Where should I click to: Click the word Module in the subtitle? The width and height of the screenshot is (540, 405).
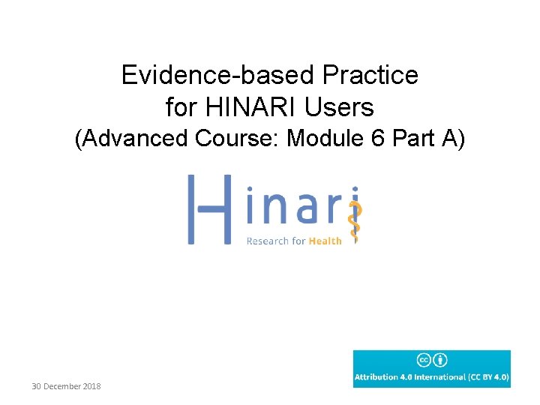(332, 139)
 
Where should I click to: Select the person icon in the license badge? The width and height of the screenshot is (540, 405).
(440, 360)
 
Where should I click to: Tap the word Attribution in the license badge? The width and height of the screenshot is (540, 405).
(376, 377)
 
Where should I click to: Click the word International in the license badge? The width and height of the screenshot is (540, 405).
(437, 377)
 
